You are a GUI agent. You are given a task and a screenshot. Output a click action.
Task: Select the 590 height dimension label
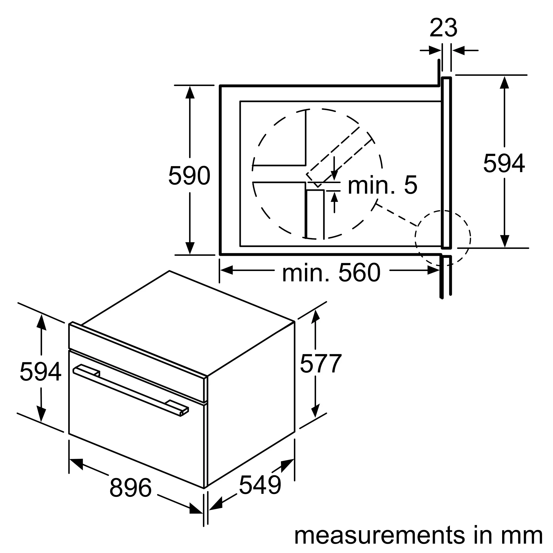tap(189, 176)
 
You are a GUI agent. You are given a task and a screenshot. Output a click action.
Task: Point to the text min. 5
tap(382, 186)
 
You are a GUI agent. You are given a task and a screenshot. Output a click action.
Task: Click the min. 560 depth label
tap(331, 273)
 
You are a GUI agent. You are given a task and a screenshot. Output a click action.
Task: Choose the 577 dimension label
tap(320, 364)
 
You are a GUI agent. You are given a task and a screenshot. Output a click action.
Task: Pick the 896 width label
tap(130, 488)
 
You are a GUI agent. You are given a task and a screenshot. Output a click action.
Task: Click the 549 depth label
tap(260, 485)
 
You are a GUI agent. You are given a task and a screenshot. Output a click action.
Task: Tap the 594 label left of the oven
tap(40, 372)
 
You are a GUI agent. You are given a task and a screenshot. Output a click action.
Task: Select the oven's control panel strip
tap(137, 362)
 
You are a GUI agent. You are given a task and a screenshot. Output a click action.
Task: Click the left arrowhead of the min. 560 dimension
tap(226, 270)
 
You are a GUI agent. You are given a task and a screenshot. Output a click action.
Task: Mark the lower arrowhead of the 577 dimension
tap(315, 411)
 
